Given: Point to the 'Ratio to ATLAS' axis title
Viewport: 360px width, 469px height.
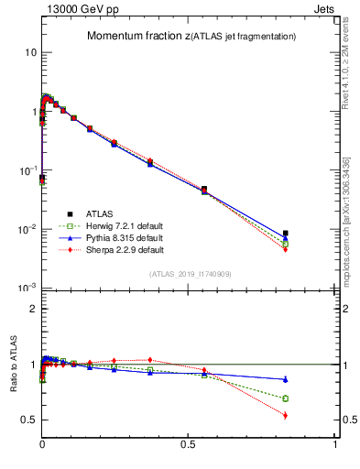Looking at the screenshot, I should click(x=13, y=389).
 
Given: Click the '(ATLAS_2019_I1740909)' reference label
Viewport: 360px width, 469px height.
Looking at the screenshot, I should click(x=190, y=273).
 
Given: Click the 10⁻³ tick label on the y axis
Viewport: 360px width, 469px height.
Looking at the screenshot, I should click(x=27, y=288).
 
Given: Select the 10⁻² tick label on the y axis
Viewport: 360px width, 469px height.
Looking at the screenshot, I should click(x=27, y=229).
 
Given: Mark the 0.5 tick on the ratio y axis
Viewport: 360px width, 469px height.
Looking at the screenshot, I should click(x=28, y=420).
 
